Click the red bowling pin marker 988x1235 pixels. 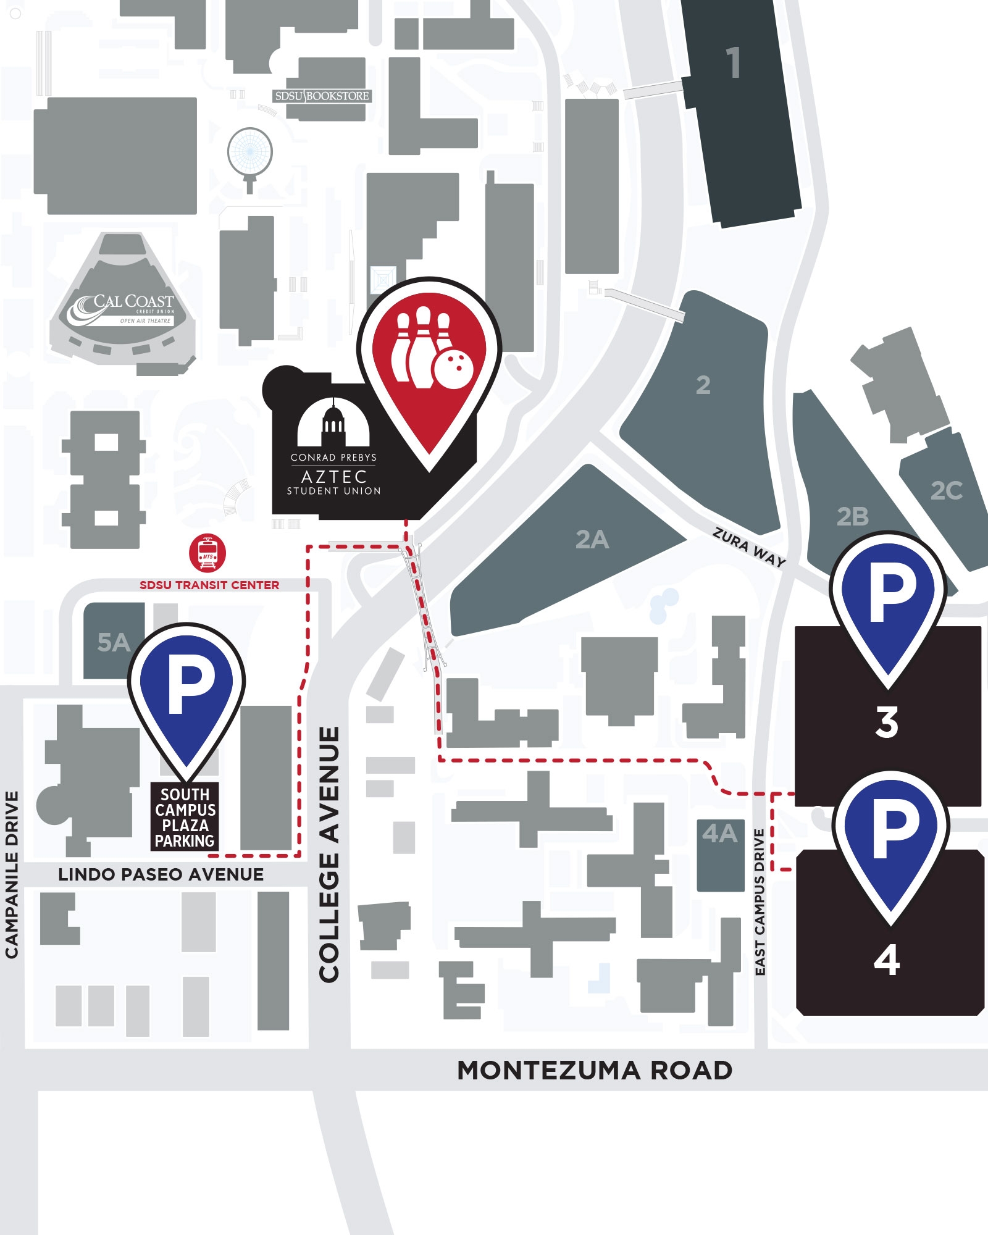click(429, 358)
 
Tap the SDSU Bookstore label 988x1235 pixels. click(322, 96)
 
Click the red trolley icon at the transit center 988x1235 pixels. click(207, 553)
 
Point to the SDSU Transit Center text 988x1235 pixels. click(209, 585)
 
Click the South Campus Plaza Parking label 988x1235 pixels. click(185, 818)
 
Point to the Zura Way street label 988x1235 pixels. click(749, 547)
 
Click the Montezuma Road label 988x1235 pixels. click(595, 1070)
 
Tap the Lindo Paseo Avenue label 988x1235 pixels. click(161, 874)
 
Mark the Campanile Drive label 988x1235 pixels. click(12, 874)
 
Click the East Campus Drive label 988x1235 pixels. click(760, 902)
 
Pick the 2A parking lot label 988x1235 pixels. click(592, 540)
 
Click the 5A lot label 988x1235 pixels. click(114, 643)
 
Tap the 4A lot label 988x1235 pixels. click(719, 834)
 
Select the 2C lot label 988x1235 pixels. click(946, 491)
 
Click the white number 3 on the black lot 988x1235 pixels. click(887, 722)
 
